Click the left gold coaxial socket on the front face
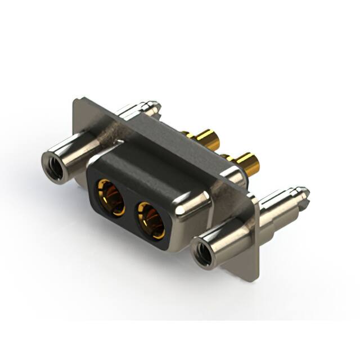pos(110,197)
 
